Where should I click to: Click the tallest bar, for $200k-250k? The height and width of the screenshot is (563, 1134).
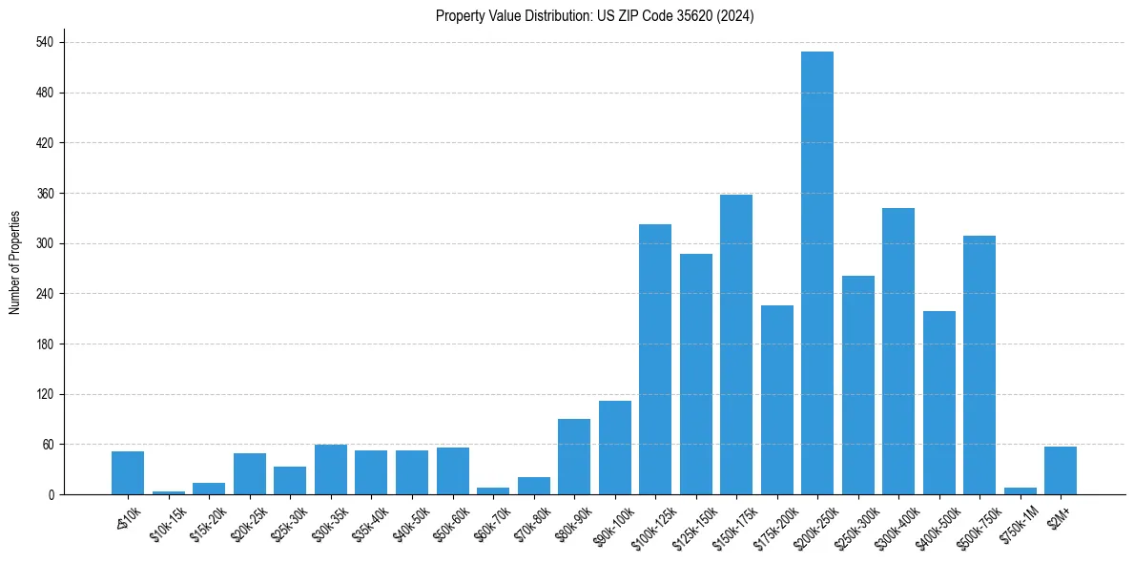tap(817, 273)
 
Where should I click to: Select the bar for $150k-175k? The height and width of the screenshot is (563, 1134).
tap(736, 344)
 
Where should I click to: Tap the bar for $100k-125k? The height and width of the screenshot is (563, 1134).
tap(655, 359)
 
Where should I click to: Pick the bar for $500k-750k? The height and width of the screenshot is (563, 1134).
tap(979, 365)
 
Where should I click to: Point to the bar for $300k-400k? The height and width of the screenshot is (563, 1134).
tap(898, 351)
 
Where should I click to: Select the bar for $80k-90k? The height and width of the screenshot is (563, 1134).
tap(574, 456)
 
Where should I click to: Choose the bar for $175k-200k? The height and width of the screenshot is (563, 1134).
tap(776, 400)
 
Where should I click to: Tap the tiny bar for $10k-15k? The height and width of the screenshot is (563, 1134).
tap(169, 492)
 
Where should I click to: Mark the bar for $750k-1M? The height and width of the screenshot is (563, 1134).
tap(1020, 490)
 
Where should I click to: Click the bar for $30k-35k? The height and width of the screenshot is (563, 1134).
tap(331, 469)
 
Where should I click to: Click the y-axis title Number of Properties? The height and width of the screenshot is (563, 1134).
tap(15, 261)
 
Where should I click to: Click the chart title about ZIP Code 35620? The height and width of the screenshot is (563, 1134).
tap(595, 16)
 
